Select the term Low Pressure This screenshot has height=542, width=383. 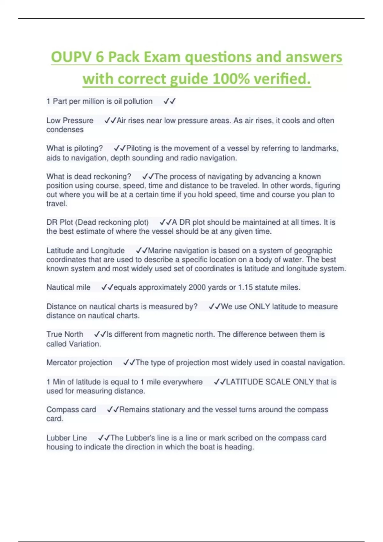[70, 121]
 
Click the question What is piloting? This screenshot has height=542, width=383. [75, 148]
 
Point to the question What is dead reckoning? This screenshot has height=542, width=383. [89, 176]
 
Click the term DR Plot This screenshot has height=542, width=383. [60, 222]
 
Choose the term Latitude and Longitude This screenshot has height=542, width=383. [86, 251]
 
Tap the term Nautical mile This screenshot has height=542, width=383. [68, 287]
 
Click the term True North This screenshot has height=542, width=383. [65, 334]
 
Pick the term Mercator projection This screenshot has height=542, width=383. [79, 363]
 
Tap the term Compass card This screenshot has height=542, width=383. [71, 409]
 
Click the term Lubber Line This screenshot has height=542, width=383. [67, 438]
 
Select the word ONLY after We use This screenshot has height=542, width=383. [259, 306]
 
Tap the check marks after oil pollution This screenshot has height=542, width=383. [169, 101]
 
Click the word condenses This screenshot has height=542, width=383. [65, 130]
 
